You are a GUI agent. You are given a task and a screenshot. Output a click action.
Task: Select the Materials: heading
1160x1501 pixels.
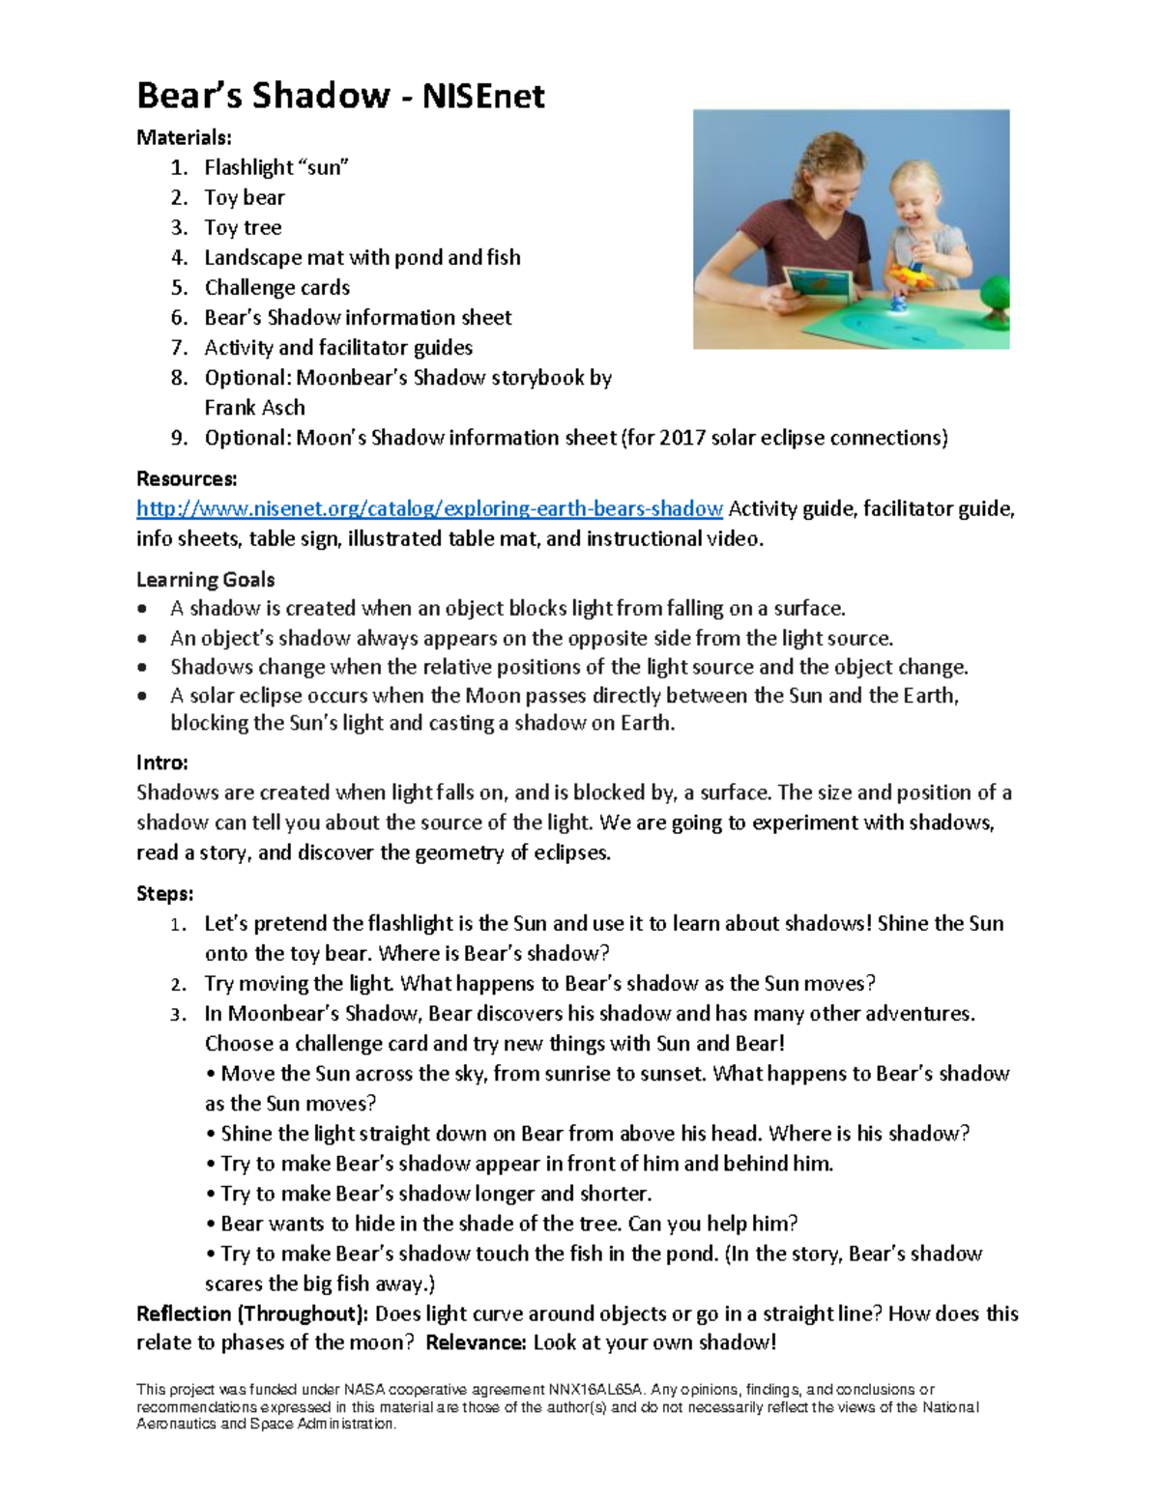(x=184, y=137)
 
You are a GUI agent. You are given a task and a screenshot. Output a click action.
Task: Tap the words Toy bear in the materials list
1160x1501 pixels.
(x=245, y=197)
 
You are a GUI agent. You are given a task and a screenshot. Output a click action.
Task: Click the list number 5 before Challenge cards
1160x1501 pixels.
(x=179, y=288)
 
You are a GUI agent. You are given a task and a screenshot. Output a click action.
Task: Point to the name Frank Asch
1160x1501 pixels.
(x=254, y=408)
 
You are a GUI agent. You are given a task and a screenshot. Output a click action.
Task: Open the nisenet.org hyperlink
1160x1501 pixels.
(x=429, y=509)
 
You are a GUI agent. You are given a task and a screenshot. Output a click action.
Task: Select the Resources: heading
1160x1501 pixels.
(x=187, y=479)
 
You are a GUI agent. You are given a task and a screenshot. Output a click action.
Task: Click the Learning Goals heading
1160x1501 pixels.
(x=205, y=580)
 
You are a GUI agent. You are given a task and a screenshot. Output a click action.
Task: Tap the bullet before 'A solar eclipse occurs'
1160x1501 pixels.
(x=143, y=696)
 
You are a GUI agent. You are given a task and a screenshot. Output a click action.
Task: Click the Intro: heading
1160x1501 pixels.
(x=161, y=763)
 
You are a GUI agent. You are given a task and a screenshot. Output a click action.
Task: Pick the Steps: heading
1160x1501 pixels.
(x=164, y=893)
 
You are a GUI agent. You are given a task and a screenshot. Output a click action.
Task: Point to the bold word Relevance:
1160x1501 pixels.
(x=476, y=1342)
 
